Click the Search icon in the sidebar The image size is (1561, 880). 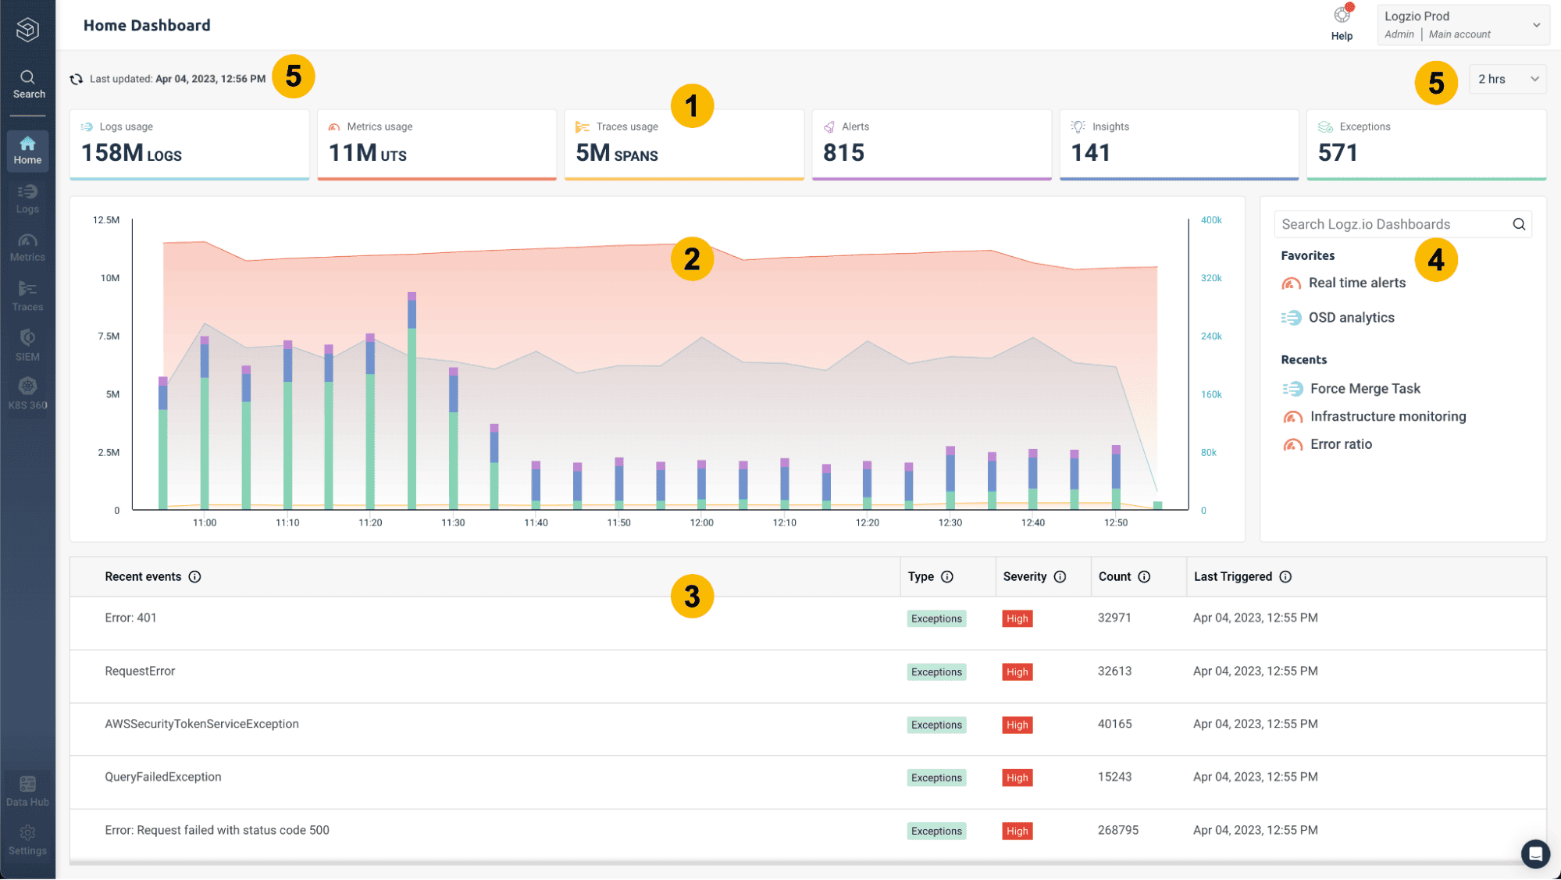[27, 77]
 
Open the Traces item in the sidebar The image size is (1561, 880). [27, 296]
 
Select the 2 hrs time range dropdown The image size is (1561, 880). [1507, 79]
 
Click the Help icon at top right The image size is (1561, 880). [1342, 16]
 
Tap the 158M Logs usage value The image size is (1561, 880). [131, 152]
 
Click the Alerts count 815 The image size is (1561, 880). [843, 152]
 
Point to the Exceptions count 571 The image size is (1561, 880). [1338, 152]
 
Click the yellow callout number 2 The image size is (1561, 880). [692, 259]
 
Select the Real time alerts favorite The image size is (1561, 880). [1356, 283]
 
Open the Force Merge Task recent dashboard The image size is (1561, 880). [1365, 388]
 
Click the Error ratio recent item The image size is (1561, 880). [1341, 444]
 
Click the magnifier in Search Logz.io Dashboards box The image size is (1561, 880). [1519, 224]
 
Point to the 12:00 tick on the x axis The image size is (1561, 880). [701, 522]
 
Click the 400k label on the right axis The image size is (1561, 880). [1211, 220]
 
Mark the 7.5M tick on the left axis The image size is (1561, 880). [109, 336]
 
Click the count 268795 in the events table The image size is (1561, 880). [1117, 830]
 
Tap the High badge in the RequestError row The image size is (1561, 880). [1017, 672]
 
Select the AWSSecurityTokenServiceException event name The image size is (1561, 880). [201, 724]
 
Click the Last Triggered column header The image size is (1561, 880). [1232, 576]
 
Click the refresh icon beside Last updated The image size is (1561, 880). [77, 79]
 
